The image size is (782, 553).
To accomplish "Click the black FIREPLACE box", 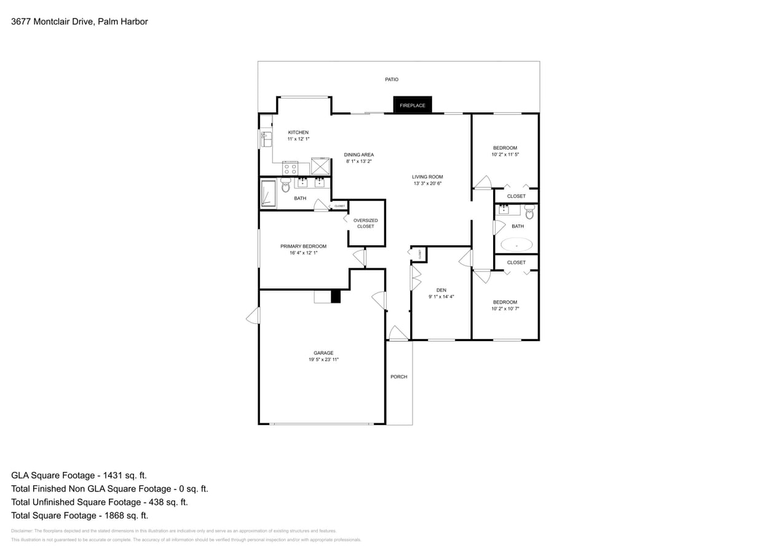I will [x=413, y=105].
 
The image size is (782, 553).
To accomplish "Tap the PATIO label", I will [x=392, y=79].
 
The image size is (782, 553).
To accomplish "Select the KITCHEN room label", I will [x=298, y=133].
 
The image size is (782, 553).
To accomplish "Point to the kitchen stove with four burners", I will [x=290, y=168].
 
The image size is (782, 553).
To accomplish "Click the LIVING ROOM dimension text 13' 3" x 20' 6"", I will [x=427, y=183].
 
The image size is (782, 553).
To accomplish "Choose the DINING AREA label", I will [x=358, y=155].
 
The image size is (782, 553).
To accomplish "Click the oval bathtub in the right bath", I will [x=516, y=245].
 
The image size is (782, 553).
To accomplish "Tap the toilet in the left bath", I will [x=285, y=186].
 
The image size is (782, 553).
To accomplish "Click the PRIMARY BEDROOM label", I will [x=303, y=246].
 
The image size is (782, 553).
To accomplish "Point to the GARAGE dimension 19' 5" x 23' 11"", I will [x=323, y=359].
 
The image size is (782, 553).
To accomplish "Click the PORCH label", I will [x=398, y=377].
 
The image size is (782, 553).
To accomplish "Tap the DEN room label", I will [x=441, y=290].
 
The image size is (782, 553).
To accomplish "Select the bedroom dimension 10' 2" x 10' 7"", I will [x=505, y=308].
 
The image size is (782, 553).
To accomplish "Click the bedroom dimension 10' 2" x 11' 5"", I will [x=505, y=154].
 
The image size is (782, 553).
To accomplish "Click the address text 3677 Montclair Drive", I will [x=53, y=22].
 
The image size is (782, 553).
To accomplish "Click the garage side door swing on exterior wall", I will [x=253, y=316].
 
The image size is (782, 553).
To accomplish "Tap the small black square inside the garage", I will [x=336, y=297].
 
